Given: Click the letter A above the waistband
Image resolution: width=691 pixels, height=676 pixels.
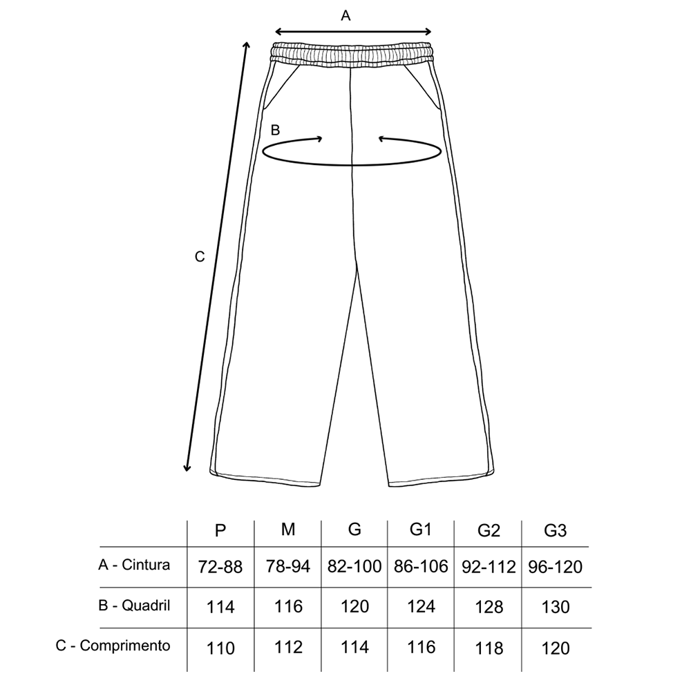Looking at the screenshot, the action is tap(345, 16).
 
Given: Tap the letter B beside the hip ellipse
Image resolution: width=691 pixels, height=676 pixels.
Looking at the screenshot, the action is tap(276, 130).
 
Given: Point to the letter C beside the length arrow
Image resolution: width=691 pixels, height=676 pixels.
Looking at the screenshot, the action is tap(200, 257).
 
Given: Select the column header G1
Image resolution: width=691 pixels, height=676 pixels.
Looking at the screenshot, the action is tap(420, 529).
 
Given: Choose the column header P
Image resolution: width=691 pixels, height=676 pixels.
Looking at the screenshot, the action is tap(220, 530).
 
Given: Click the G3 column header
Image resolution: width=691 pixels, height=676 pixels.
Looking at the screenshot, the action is tap(555, 531).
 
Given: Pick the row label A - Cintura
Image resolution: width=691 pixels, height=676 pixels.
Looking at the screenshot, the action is tap(134, 565).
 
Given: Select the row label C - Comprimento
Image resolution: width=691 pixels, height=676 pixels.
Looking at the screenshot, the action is tap(113, 646).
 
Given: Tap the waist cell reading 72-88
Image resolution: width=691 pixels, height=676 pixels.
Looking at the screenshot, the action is tap(220, 567).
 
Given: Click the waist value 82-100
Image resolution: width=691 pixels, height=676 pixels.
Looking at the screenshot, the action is tap(354, 566).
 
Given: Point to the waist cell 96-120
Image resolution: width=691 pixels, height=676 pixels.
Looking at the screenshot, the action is tap(556, 567).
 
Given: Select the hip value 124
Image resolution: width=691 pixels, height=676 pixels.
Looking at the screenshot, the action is tap(421, 606).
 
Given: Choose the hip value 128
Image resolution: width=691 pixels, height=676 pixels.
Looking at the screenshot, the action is tap(489, 608).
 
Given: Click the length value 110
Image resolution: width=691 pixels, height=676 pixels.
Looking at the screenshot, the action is tap(220, 648).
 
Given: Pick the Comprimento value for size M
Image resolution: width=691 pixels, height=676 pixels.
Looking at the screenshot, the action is tap(288, 648).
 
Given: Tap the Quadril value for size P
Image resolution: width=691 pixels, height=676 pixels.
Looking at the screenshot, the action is tap(220, 608).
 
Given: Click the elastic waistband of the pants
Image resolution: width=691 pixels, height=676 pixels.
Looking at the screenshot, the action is tap(352, 55).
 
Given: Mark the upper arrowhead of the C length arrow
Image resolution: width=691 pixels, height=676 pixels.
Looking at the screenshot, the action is tap(247, 44).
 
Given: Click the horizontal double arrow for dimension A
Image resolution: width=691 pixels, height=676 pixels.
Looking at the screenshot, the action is tap(353, 31).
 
